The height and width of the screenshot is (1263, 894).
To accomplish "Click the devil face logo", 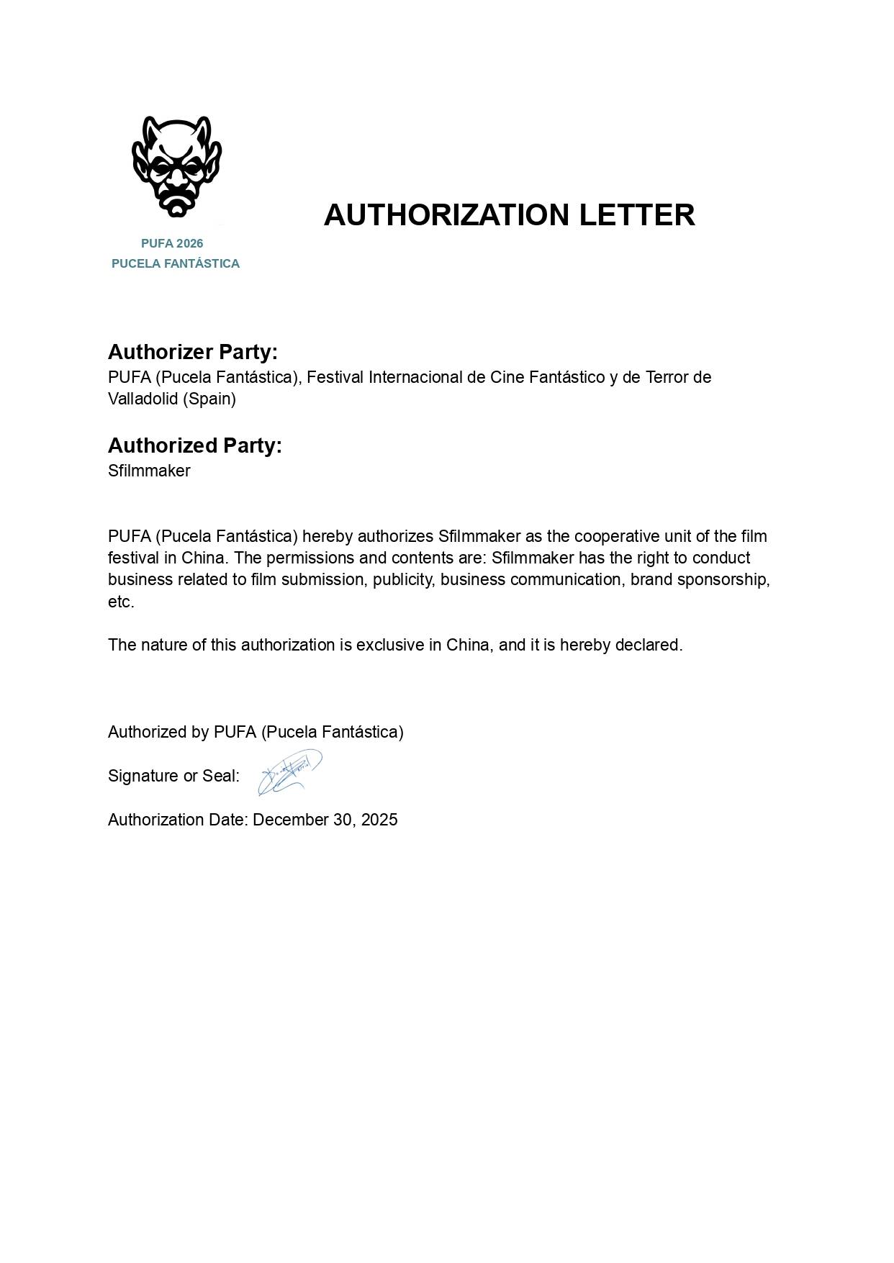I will [176, 166].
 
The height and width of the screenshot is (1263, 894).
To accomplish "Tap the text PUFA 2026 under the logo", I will [172, 243].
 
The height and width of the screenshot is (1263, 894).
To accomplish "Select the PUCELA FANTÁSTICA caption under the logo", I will [176, 263].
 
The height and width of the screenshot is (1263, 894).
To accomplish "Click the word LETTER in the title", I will [637, 215].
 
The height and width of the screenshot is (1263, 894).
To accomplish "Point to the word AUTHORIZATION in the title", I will [446, 215].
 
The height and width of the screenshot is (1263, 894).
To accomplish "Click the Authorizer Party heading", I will [193, 352].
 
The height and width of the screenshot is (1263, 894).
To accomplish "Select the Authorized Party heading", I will [195, 445].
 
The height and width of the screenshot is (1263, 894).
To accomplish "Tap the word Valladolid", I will [143, 399].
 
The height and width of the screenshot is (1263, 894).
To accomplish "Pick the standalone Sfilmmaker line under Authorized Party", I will [149, 471].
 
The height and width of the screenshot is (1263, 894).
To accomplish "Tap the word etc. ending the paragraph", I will [121, 602].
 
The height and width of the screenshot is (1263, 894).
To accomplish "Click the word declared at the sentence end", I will [651, 645].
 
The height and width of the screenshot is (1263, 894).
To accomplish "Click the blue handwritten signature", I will [289, 772].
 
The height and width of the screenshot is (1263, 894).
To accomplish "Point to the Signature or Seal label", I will [173, 776].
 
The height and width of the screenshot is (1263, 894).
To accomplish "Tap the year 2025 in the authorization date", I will [379, 820].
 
